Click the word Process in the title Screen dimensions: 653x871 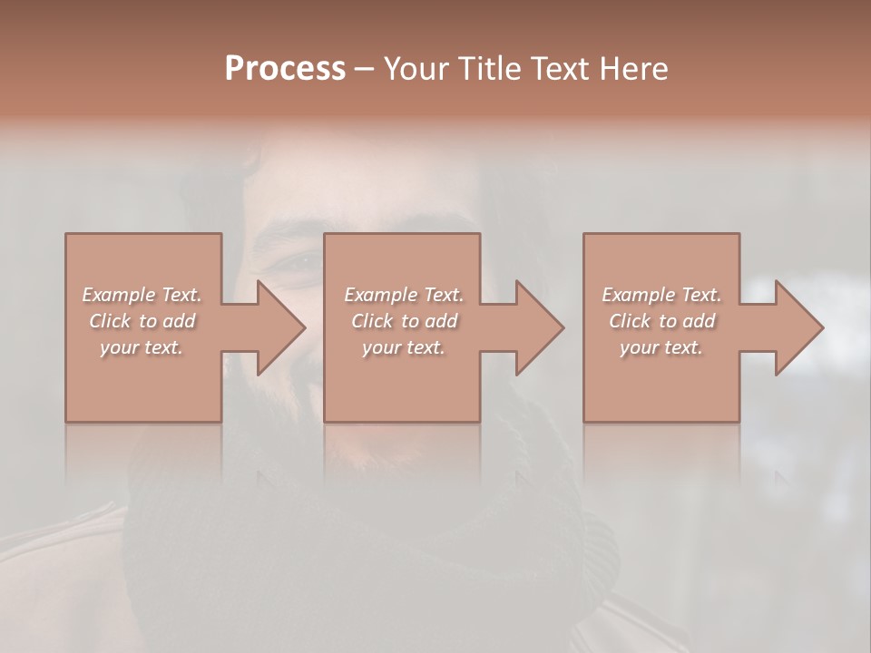click(285, 69)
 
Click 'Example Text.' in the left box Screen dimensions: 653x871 click(142, 295)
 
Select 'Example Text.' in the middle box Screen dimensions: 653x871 click(404, 295)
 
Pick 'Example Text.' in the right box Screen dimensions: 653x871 click(661, 295)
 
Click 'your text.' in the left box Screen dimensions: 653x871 click(142, 347)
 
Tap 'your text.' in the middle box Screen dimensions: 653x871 click(404, 347)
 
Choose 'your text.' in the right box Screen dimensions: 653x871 click(661, 347)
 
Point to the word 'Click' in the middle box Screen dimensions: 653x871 click(372, 321)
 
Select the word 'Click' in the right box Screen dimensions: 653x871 click(630, 321)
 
